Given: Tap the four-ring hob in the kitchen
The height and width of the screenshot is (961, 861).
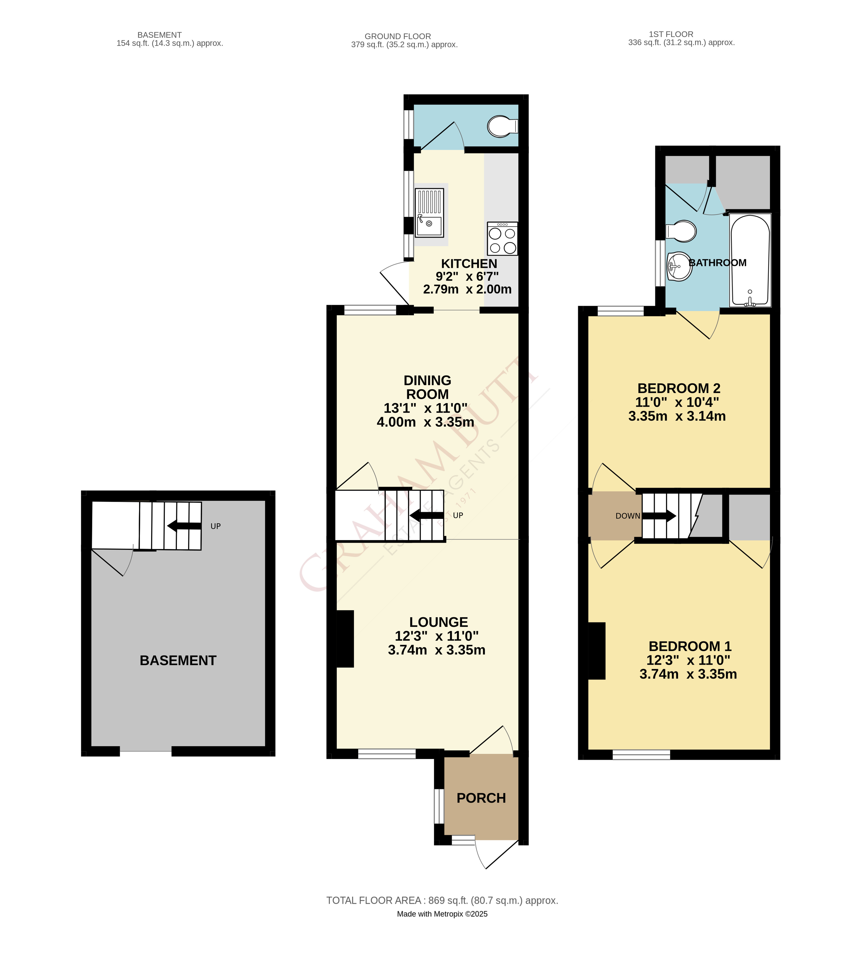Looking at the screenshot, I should [x=502, y=239].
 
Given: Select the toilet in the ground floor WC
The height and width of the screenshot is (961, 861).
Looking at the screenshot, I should [x=501, y=126].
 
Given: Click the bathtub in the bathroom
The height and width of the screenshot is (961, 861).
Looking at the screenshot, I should [x=750, y=260].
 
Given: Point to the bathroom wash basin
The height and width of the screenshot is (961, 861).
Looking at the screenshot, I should [x=679, y=266].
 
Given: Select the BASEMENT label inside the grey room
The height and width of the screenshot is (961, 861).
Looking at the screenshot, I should [x=178, y=661].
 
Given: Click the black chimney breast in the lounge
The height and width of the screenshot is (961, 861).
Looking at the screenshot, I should [x=345, y=639].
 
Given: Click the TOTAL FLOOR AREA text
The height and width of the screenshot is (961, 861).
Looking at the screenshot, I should [x=442, y=900].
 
